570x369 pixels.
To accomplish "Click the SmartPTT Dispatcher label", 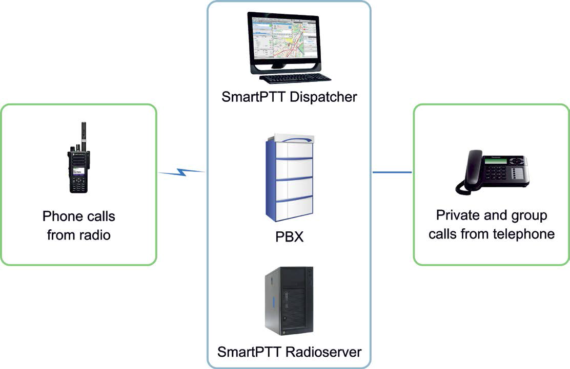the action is [289, 97].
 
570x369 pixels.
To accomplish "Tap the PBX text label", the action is [290, 237].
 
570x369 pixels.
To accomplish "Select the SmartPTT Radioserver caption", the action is [290, 352].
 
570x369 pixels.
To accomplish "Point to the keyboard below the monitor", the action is [295, 78].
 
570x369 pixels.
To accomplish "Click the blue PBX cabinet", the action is [290, 178].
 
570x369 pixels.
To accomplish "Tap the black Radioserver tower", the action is [289, 301].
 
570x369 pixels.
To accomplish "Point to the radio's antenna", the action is [84, 137].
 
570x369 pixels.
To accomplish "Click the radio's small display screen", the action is [78, 171].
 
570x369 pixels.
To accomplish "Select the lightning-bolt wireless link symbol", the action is [181, 172].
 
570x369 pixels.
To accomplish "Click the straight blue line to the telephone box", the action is [392, 172].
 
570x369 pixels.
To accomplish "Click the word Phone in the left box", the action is [60, 216].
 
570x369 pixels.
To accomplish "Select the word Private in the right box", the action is [458, 215].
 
